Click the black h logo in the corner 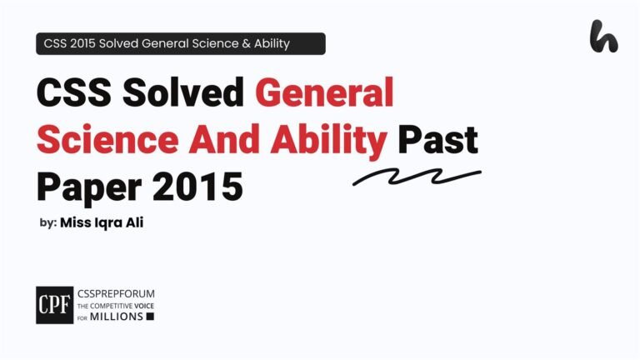click(603, 37)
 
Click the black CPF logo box click(54, 305)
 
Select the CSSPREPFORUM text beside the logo click(116, 294)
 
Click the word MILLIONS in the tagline click(117, 317)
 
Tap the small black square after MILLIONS click(150, 317)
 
